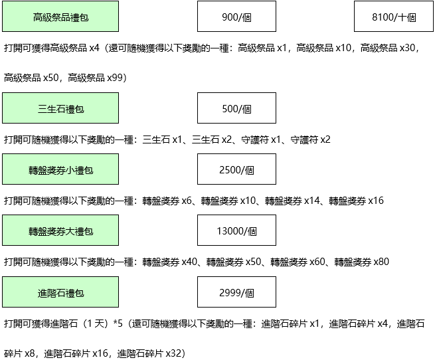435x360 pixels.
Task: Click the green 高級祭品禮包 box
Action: pyautogui.click(x=60, y=17)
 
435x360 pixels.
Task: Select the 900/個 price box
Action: pyautogui.click(x=236, y=17)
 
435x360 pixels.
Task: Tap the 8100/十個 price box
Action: pyautogui.click(x=394, y=17)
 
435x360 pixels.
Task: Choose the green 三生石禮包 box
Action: pyautogui.click(x=60, y=108)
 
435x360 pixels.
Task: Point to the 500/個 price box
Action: pyautogui.click(x=236, y=108)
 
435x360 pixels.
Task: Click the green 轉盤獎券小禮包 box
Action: pyautogui.click(x=60, y=169)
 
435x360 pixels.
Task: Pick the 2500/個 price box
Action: pyautogui.click(x=236, y=169)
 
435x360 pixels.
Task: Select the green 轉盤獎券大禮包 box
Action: pyautogui.click(x=60, y=230)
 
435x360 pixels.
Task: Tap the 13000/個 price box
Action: pyautogui.click(x=236, y=230)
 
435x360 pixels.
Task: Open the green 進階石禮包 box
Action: pyautogui.click(x=60, y=292)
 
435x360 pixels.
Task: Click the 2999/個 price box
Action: pyautogui.click(x=236, y=292)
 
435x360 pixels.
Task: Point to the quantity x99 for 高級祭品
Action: pyautogui.click(x=115, y=78)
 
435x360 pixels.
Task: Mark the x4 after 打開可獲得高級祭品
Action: pyautogui.click(x=94, y=48)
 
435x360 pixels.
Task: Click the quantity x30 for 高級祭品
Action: pyautogui.click(x=407, y=48)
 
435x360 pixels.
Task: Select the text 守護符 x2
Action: pyautogui.click(x=310, y=139)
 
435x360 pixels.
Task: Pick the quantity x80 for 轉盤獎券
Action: pyautogui.click(x=381, y=262)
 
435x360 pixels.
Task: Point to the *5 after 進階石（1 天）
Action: pyautogui.click(x=118, y=323)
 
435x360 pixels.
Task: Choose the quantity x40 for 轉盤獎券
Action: pyautogui.click(x=189, y=262)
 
